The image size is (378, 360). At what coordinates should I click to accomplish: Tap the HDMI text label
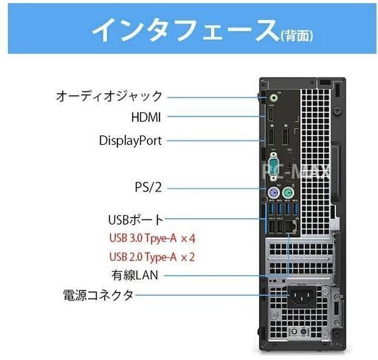point(146,118)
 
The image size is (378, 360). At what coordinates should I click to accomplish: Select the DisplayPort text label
point(130,141)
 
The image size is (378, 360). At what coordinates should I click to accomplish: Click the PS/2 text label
point(148,187)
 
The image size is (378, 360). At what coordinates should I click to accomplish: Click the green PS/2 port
point(287,193)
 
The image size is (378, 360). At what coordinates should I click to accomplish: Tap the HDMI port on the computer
point(271,115)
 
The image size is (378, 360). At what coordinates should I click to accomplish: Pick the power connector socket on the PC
point(302,296)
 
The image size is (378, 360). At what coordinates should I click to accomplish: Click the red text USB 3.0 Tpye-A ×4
point(152,238)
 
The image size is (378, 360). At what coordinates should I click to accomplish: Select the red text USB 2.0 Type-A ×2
point(152,257)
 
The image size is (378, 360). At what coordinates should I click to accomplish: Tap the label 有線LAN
point(134,275)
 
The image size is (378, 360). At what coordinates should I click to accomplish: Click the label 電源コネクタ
point(98,295)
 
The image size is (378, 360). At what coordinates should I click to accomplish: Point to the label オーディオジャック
point(109,96)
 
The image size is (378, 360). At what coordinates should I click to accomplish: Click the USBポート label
point(136,220)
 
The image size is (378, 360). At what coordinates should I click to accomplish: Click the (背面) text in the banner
point(297,35)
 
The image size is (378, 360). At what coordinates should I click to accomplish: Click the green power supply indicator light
point(293,332)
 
